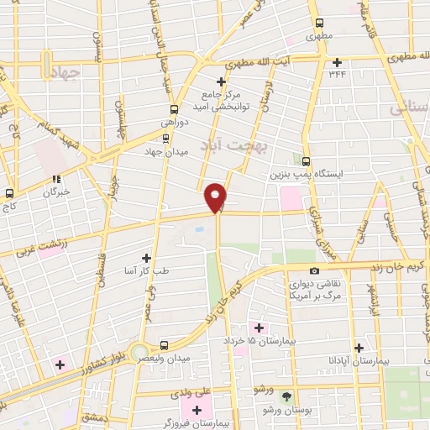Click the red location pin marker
click(x=216, y=197)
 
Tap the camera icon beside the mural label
click(x=314, y=270)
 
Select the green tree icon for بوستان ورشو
click(x=288, y=396)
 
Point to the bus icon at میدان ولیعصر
click(x=164, y=345)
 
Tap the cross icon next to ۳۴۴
click(x=338, y=61)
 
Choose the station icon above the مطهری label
click(x=318, y=24)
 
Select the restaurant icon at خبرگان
click(x=57, y=178)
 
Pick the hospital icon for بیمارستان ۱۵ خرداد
click(x=259, y=328)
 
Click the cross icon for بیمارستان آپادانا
click(x=359, y=347)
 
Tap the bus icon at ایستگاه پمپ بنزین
click(x=305, y=161)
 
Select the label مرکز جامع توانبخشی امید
click(x=222, y=98)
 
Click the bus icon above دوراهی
click(x=174, y=109)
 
